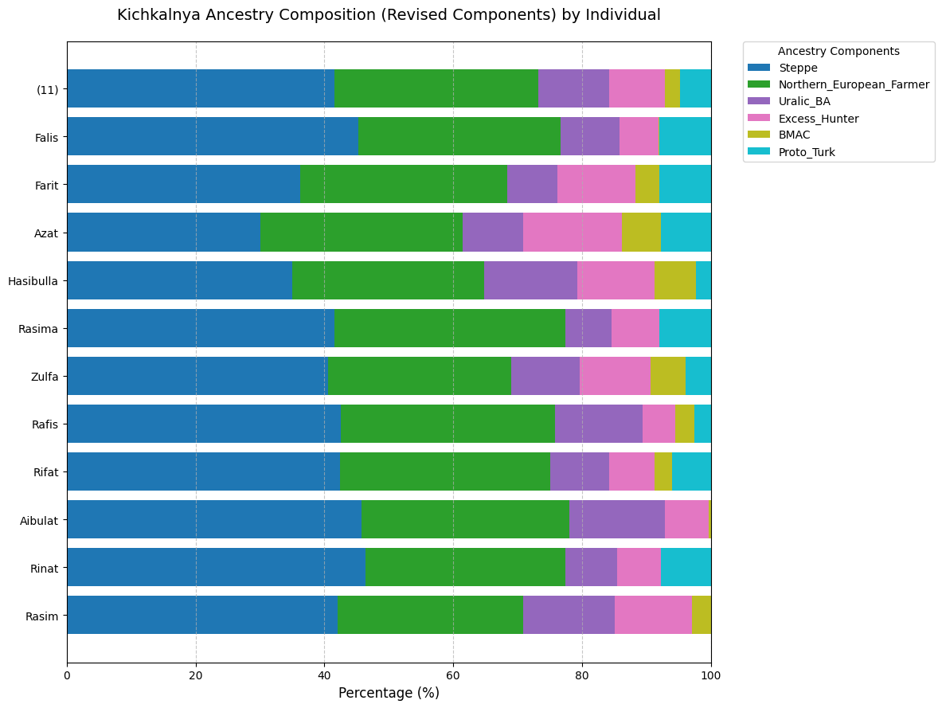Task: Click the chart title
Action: click(x=389, y=15)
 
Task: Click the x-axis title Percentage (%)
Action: click(x=389, y=693)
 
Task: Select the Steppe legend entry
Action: click(x=799, y=68)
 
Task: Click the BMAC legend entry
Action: click(x=795, y=135)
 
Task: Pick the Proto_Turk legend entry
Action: click(x=807, y=152)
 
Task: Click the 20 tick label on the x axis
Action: click(x=196, y=675)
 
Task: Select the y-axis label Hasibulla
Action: click(x=33, y=281)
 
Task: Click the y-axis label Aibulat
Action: click(x=38, y=520)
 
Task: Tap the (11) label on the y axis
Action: click(x=47, y=89)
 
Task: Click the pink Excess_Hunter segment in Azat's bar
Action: click(x=572, y=233)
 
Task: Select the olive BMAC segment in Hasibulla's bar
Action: click(x=674, y=280)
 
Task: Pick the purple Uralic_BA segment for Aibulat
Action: click(x=617, y=519)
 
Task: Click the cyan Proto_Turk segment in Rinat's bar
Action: click(x=686, y=567)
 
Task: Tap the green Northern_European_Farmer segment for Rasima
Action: click(x=449, y=328)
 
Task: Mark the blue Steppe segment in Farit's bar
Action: click(x=183, y=185)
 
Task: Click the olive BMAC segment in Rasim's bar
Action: click(x=702, y=615)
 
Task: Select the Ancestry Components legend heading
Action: click(x=838, y=51)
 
